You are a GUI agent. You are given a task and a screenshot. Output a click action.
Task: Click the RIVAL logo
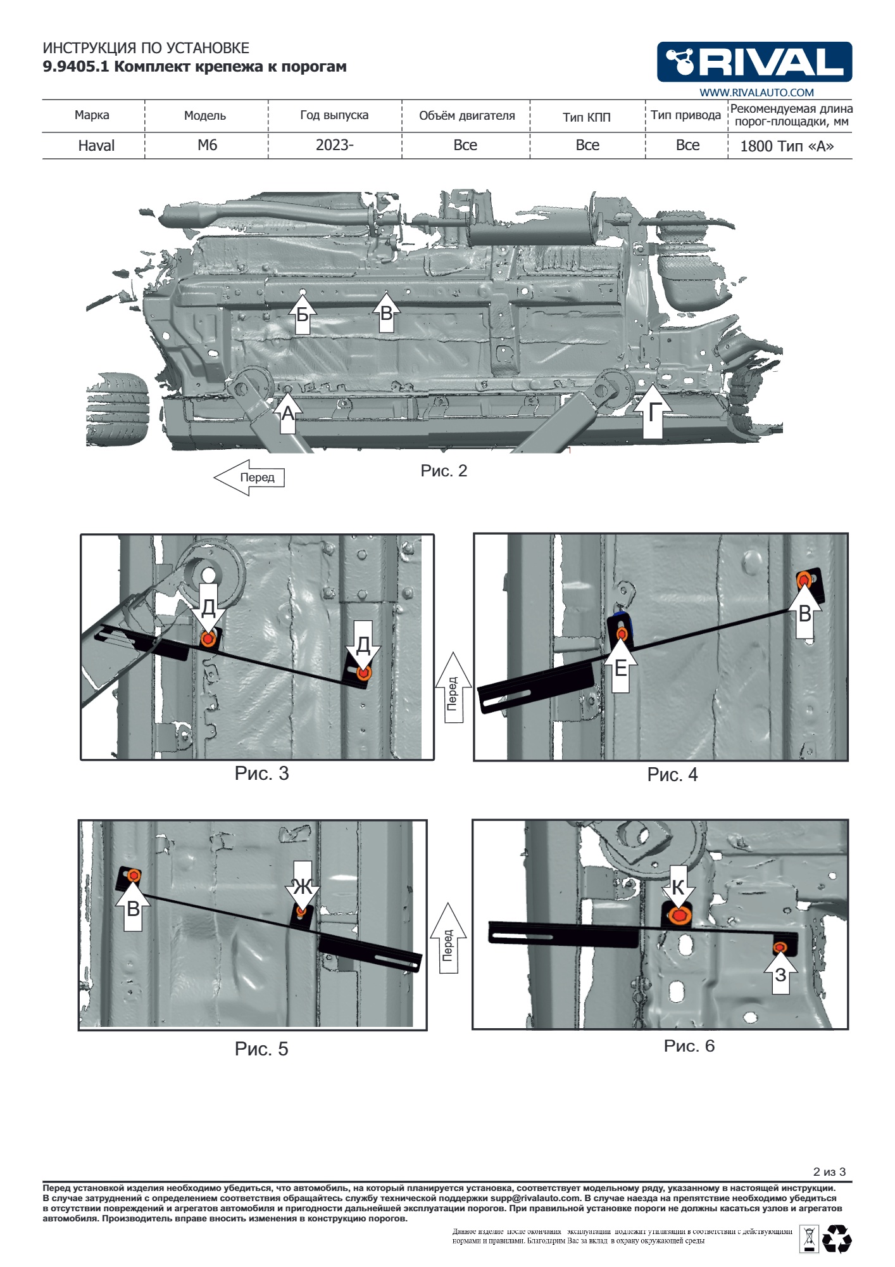point(754,62)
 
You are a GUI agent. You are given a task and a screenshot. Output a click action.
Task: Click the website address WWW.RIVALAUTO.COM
point(756,92)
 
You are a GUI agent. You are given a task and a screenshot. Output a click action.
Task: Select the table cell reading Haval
point(96,146)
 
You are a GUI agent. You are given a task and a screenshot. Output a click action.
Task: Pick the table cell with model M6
point(207,145)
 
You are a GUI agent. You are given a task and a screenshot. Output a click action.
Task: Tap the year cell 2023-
point(335,145)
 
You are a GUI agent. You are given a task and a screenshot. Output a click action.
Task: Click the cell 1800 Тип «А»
point(787,146)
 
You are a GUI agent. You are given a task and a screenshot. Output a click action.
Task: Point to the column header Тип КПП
point(587,117)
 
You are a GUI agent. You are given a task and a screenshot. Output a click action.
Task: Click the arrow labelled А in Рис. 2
point(287,412)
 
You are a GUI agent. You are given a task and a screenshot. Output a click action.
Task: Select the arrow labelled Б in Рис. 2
point(303,313)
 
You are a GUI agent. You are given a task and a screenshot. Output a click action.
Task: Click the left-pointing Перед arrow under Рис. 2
point(249,478)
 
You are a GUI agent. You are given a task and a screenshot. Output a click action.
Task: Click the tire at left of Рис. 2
point(118,409)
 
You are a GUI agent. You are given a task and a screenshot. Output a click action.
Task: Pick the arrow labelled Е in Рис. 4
point(621,665)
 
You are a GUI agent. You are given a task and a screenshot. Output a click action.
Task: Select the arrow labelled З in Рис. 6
point(780,972)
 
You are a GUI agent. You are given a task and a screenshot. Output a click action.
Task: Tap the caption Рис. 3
point(261,774)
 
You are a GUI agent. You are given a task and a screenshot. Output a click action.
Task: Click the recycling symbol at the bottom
point(837,1239)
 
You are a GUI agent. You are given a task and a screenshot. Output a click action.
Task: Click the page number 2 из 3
point(829,1172)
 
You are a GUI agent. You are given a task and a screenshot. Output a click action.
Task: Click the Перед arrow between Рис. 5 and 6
point(448,938)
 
